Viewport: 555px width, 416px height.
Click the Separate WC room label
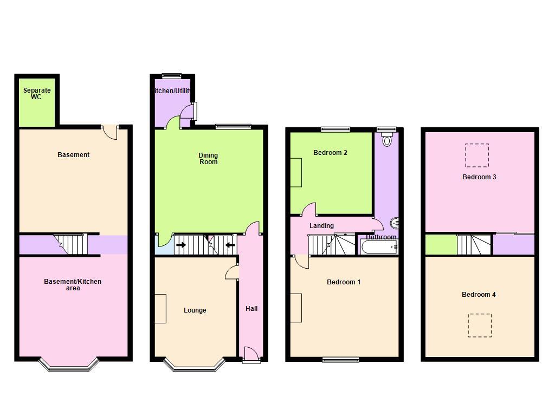point(36,94)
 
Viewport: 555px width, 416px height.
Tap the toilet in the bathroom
point(386,141)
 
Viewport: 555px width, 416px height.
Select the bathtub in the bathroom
point(379,247)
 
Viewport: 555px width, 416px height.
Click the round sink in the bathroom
point(395,223)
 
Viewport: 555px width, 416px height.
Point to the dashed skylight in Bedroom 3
point(477,155)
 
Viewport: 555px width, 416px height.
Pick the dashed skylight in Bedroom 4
point(480,326)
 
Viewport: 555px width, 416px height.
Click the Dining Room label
point(208,159)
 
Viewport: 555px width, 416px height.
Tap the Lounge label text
point(195,310)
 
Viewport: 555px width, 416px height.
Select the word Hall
point(251,309)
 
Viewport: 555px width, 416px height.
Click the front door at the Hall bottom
point(251,355)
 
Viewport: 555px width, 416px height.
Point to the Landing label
point(321,226)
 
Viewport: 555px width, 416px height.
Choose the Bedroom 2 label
point(330,153)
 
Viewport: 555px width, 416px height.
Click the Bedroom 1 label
point(343,282)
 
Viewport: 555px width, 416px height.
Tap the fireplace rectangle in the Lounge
point(160,309)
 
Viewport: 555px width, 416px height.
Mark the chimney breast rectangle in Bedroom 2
point(296,172)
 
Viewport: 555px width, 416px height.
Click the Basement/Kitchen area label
point(73,285)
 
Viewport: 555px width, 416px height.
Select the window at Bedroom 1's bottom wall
point(340,360)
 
